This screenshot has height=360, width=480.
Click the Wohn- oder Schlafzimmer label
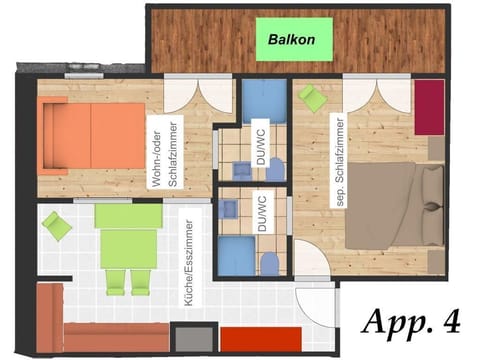164,151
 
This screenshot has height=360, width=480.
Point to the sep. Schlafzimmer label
339,148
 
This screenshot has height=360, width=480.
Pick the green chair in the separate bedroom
313,99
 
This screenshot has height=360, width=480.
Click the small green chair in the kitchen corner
57,227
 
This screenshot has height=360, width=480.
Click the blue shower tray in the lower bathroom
236,257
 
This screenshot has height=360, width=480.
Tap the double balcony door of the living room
189,97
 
